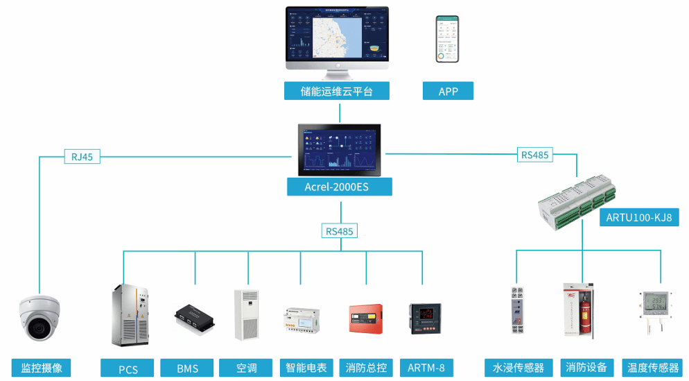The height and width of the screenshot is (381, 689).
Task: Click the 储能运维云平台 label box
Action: pos(336,91)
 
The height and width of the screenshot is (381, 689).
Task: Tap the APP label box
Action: pos(448,91)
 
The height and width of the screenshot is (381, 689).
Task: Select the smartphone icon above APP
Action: pos(447,40)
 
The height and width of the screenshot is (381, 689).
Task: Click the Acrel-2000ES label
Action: pos(339,187)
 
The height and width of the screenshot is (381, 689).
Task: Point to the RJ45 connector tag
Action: pos(82,157)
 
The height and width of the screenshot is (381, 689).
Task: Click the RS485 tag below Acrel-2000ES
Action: pos(340,231)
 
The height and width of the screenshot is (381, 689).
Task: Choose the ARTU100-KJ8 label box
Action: pos(638,218)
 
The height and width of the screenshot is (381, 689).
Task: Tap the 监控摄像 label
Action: pos(41,368)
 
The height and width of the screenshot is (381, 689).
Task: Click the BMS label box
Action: pos(187,368)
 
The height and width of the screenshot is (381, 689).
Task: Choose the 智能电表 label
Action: pos(306,368)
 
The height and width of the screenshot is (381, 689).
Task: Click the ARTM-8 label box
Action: pos(426,368)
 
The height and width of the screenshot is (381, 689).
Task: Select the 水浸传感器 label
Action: pos(518,368)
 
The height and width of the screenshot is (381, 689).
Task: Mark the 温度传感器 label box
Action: pos(652,368)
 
